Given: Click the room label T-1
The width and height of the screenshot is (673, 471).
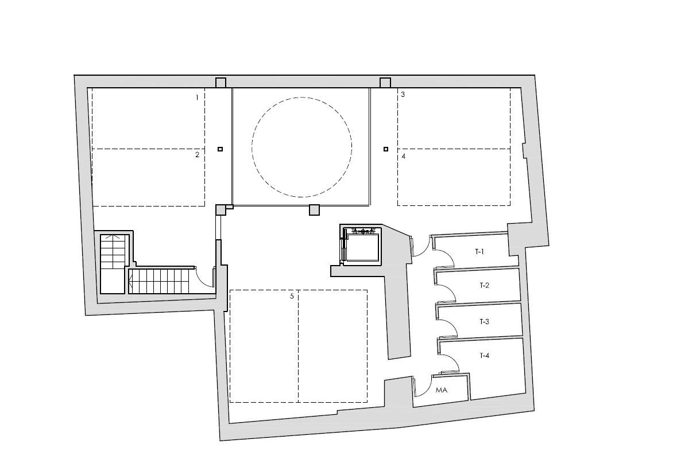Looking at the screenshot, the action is click(x=479, y=252).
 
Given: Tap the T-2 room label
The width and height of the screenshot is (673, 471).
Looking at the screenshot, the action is click(x=484, y=285).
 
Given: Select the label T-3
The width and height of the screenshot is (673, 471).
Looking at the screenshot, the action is click(x=484, y=321).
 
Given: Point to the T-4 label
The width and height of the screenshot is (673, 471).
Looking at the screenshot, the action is click(x=484, y=355).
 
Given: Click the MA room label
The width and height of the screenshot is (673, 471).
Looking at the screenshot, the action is click(x=441, y=390).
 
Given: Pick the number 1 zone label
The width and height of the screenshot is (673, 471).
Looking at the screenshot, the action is click(x=197, y=98).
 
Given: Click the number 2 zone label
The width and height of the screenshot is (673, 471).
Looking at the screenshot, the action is click(x=198, y=155).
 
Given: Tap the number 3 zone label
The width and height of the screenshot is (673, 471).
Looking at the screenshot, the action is click(x=403, y=94).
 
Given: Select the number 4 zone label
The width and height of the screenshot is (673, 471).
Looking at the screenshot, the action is click(x=404, y=157).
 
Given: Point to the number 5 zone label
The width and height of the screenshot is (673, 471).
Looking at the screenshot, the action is click(x=292, y=296).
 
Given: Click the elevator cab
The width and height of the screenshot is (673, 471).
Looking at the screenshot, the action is click(x=363, y=247).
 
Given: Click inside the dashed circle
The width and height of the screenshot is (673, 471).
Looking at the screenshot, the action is click(x=301, y=147).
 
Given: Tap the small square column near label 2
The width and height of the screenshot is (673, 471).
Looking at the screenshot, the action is click(x=220, y=149).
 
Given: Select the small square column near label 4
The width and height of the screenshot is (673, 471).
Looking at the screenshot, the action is click(x=386, y=149).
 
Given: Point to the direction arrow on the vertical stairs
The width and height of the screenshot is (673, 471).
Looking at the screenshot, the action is click(x=114, y=237).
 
